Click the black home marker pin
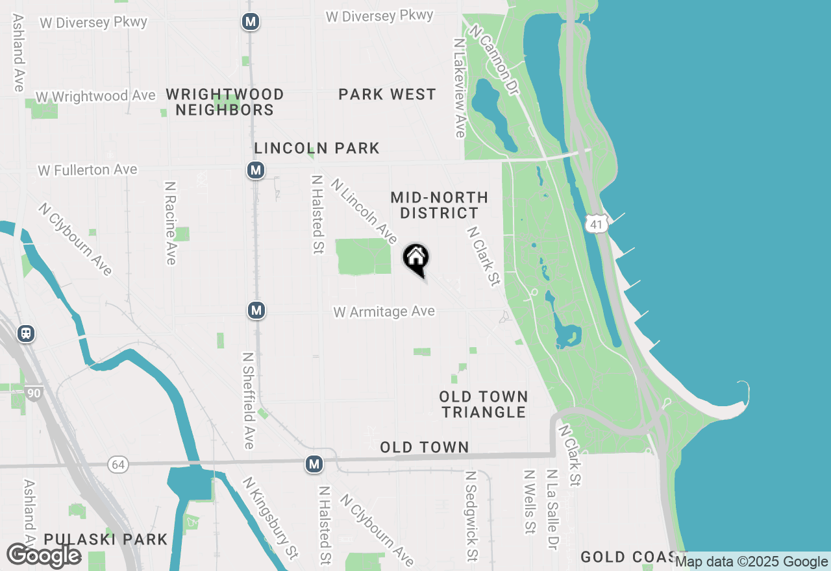[x=416, y=259]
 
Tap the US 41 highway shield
[x=595, y=224]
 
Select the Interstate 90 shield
[x=34, y=393]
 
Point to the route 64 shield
[x=118, y=465]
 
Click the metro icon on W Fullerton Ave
[x=256, y=171]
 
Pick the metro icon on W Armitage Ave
[x=256, y=310]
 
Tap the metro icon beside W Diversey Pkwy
[x=251, y=21]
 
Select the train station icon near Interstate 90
[x=26, y=334]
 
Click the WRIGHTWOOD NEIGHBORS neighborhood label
[x=225, y=102]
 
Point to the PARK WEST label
[x=387, y=95]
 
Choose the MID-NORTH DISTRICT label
[x=440, y=205]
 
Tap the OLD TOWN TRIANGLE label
[x=483, y=404]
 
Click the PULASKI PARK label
[x=106, y=539]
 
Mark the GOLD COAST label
[x=626, y=557]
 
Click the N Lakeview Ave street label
[x=460, y=87]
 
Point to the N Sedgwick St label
[x=472, y=516]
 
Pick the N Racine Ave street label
[x=171, y=223]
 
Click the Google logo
[x=43, y=555]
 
